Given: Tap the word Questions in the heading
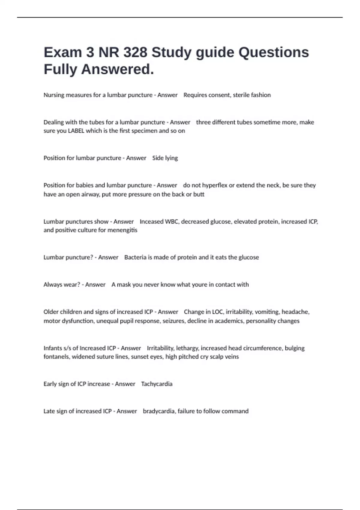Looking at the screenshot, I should click(273, 52).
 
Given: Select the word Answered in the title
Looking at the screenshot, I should click(117, 69).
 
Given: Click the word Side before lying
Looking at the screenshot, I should click(158, 158).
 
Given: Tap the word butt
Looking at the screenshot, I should click(199, 194).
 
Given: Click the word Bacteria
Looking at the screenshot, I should click(135, 257).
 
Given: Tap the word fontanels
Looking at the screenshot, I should click(56, 357).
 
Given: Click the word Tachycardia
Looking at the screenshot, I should click(157, 384).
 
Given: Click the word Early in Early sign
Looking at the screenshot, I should click(50, 384).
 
